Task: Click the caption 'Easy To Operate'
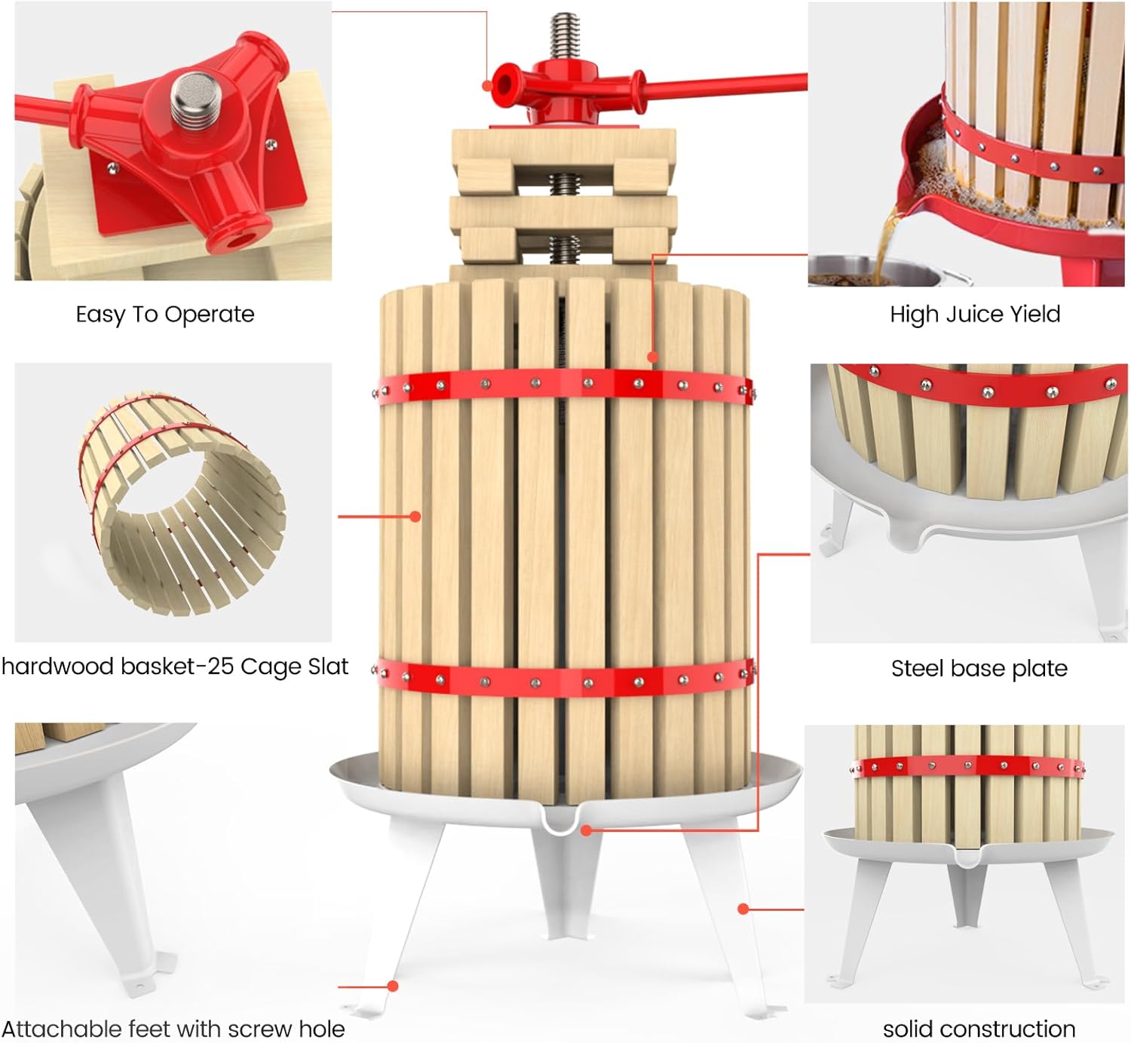pos(165,314)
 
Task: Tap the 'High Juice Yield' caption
pos(975,314)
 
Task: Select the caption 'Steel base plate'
pos(979,668)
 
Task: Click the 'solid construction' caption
pos(979,1029)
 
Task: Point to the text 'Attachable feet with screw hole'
pos(173,1029)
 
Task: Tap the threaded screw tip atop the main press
pos(564,34)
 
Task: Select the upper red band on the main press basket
pos(564,385)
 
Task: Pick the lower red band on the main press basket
pos(564,679)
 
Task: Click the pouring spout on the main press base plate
pos(562,821)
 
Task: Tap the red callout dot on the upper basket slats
pos(653,357)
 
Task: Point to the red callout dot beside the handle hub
pos(487,86)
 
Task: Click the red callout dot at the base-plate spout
pos(587,830)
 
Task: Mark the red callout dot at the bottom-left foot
pos(393,986)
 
